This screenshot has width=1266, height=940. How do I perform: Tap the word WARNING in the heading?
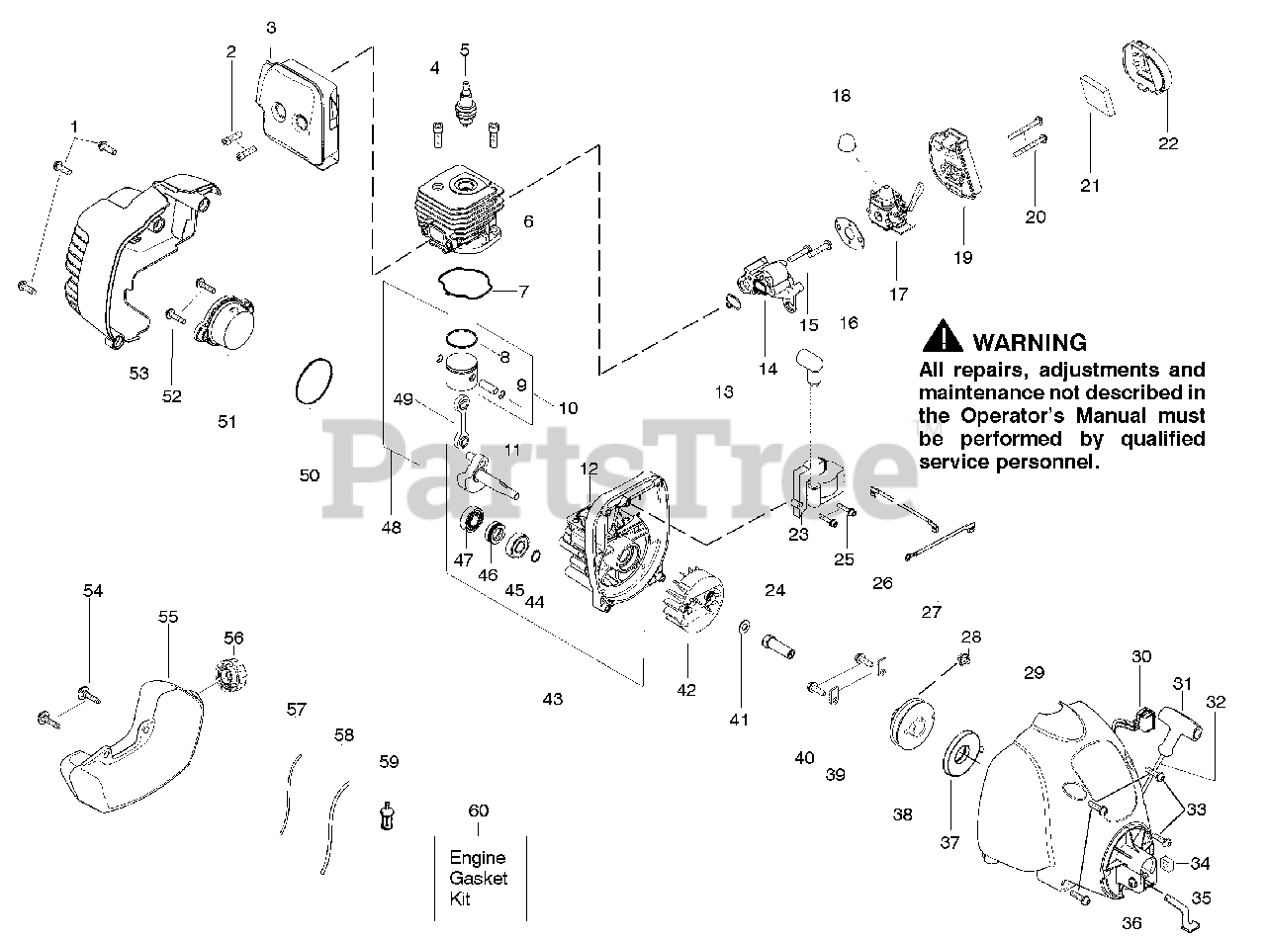pos(1030,343)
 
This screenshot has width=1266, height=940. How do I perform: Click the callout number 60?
pos(479,811)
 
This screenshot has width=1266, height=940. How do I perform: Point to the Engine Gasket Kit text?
pos(478,878)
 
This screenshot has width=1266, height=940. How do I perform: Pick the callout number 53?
pos(138,373)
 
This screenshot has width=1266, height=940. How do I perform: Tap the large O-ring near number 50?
pos(315,382)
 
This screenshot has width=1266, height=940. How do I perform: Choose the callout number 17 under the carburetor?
pos(897,294)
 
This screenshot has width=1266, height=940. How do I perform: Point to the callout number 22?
pos(1168,143)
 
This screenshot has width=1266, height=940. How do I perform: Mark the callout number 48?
pos(392,528)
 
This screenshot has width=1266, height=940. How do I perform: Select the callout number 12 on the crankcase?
pos(588,468)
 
